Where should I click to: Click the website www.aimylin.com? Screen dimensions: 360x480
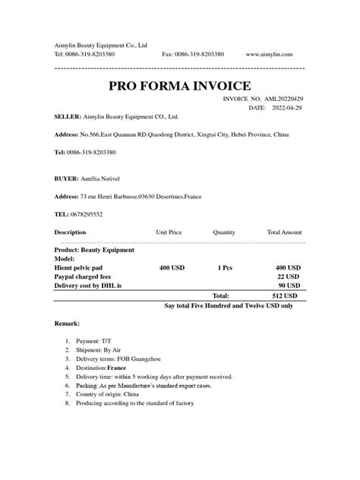coord(275,55)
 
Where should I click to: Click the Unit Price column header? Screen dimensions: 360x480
coord(169,232)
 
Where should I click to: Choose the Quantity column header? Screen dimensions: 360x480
coord(224,232)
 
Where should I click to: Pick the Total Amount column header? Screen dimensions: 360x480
coord(284,232)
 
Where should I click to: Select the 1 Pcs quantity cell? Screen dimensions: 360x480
coord(224,267)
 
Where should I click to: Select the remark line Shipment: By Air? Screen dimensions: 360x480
coord(102,351)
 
